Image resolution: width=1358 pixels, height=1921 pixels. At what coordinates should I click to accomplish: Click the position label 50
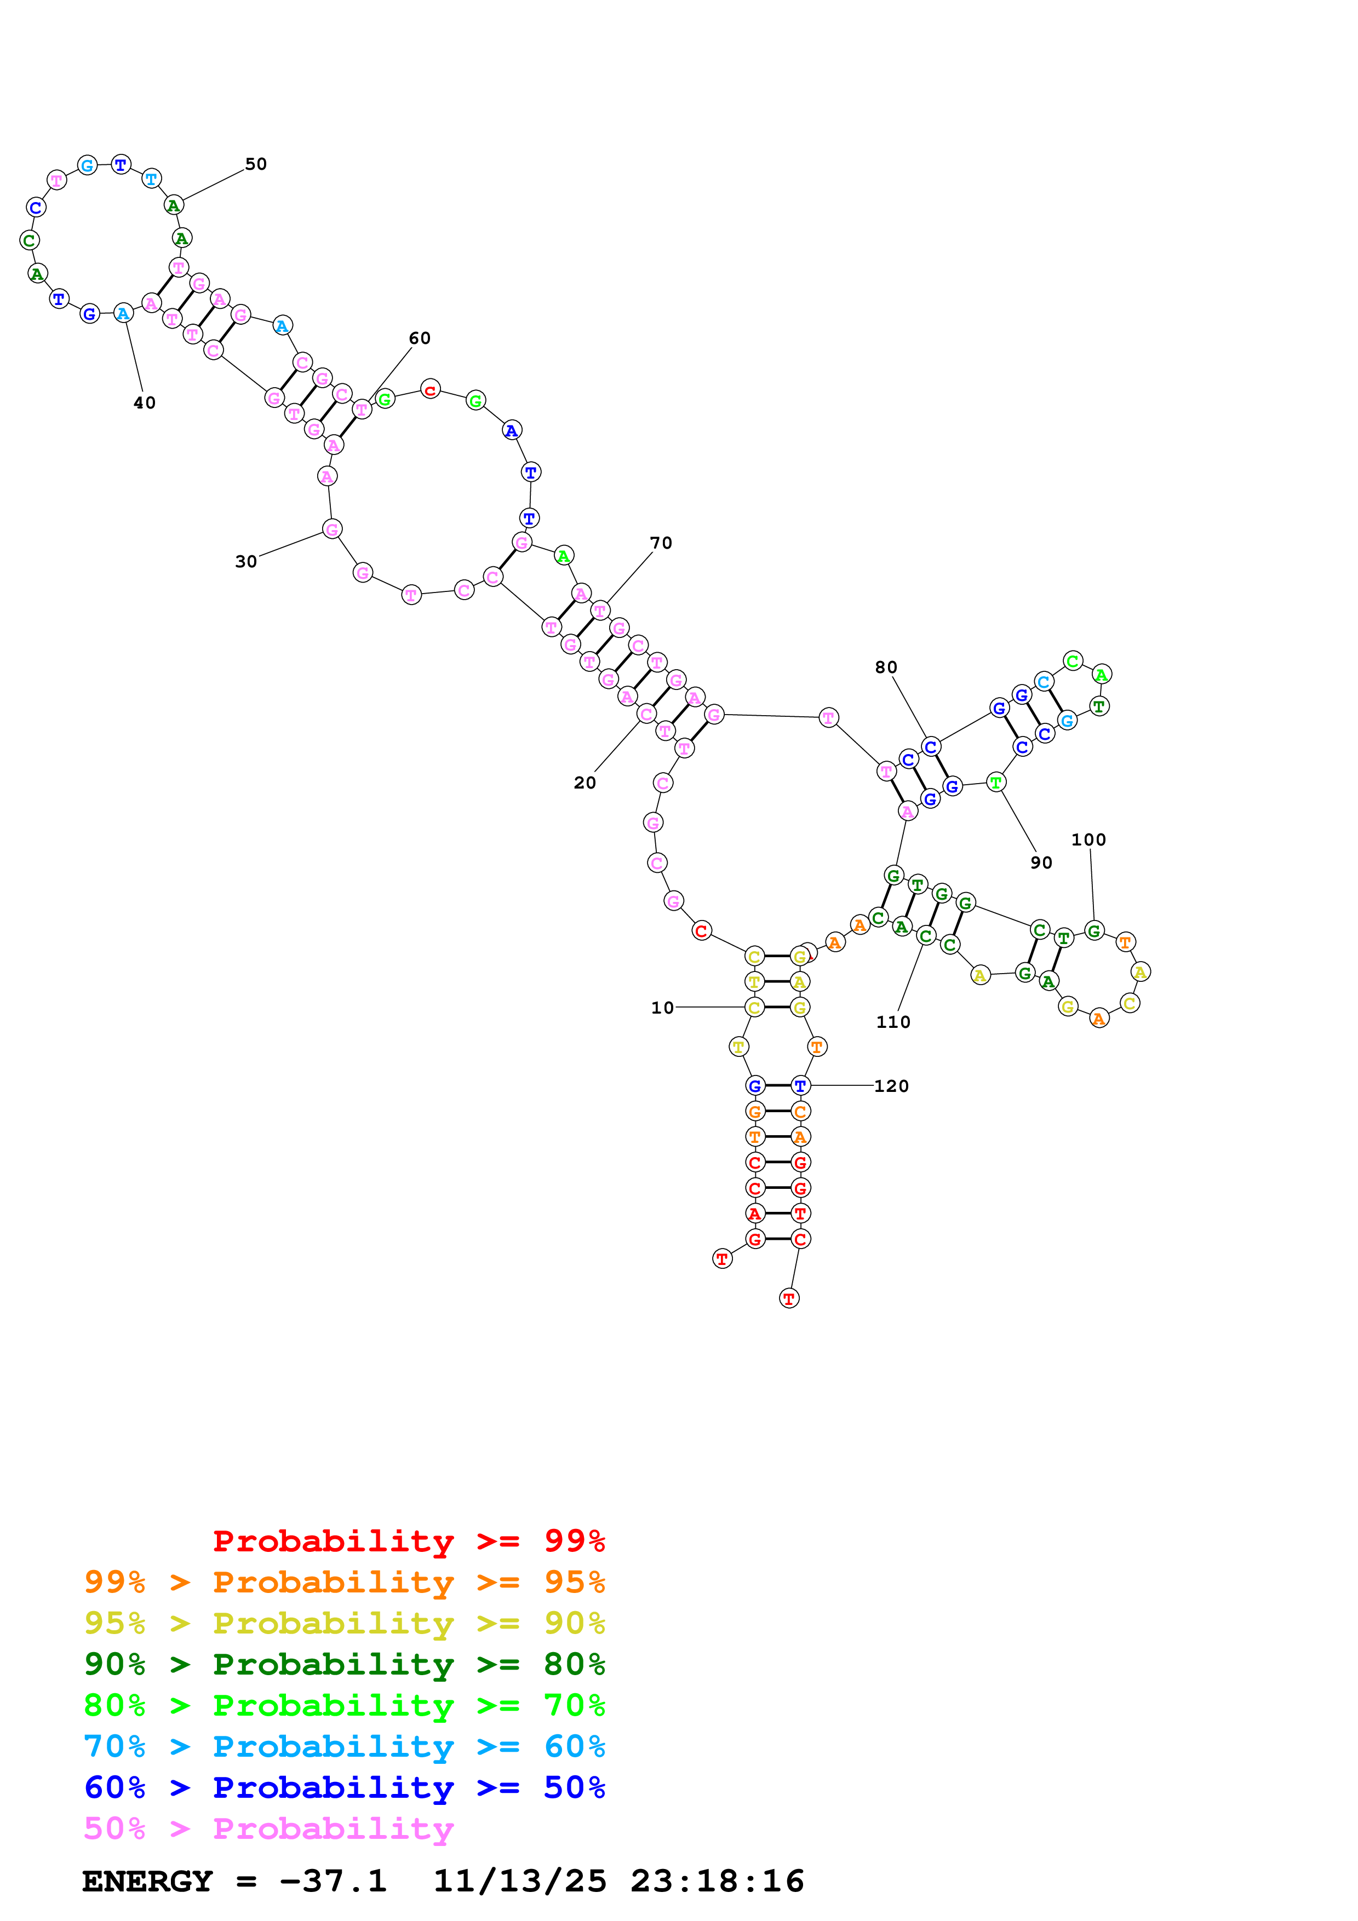(256, 164)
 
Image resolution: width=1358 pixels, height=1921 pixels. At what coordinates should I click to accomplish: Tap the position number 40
(145, 403)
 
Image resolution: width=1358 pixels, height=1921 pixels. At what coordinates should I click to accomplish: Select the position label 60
(420, 338)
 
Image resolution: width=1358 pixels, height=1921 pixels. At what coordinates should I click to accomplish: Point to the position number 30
(246, 561)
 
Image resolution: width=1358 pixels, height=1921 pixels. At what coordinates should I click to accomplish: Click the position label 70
(661, 543)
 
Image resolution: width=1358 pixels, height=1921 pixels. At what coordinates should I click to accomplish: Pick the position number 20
(585, 783)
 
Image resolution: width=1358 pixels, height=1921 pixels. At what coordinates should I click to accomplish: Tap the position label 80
(886, 667)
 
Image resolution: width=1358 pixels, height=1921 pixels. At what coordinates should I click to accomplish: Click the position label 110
(893, 1022)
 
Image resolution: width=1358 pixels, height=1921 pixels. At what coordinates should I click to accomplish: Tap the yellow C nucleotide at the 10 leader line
(755, 1008)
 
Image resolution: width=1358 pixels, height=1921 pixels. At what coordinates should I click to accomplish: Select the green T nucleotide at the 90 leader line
(996, 783)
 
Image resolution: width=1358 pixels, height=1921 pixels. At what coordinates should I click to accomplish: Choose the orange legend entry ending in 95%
(345, 1582)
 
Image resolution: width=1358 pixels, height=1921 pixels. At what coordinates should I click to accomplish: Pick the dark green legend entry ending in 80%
(345, 1664)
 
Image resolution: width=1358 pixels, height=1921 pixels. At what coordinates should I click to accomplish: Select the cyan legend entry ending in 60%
(345, 1746)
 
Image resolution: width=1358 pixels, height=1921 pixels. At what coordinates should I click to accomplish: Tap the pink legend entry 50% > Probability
(268, 1828)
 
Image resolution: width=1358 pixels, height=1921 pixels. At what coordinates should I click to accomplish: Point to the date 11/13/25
(520, 1881)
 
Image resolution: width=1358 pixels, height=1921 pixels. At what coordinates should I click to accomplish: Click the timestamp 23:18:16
(717, 1881)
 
